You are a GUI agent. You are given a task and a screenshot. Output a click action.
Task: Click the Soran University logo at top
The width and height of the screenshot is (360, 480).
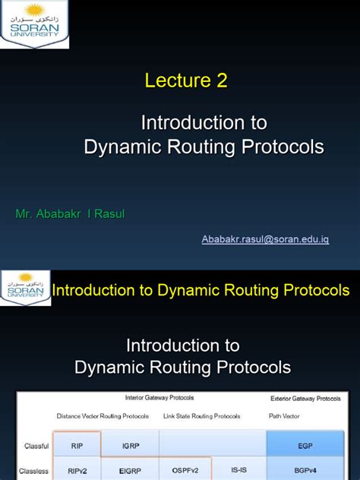[x=35, y=24]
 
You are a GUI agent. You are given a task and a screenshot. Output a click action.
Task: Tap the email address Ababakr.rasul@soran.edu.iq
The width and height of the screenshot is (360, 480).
[x=265, y=239]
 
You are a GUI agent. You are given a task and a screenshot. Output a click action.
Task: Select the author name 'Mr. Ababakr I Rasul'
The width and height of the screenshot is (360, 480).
[x=70, y=213]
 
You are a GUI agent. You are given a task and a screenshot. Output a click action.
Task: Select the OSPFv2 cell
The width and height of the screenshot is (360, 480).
[x=185, y=470]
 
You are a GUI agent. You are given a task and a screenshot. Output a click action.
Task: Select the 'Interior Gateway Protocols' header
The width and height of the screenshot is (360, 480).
[x=159, y=398]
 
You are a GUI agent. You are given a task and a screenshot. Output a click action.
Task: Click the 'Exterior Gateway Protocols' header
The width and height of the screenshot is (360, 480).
[x=306, y=398]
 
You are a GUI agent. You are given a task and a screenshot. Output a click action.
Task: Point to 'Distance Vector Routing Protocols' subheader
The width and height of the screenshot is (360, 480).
[x=102, y=416]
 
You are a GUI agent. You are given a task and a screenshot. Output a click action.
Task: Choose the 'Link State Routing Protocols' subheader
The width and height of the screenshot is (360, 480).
[x=201, y=416]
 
